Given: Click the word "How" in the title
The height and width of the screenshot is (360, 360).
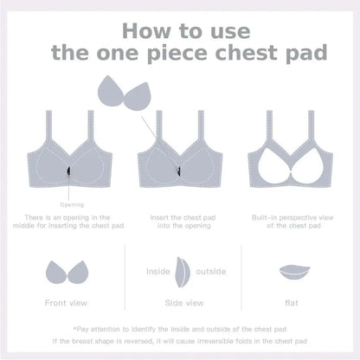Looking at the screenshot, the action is point(146,31).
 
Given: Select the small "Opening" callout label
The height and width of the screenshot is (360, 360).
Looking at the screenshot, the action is point(72,205).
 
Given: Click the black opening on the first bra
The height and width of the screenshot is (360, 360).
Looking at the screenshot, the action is point(69,171).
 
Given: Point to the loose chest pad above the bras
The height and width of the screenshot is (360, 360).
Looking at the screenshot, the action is point(125,93).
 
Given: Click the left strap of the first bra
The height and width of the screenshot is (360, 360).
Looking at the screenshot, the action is point(48,126).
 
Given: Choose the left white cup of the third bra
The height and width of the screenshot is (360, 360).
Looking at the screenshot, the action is point(273,166).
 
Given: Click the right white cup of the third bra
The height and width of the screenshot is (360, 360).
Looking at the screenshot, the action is point(307,166).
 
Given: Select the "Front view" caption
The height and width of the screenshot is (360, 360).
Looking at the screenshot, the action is point(66,303).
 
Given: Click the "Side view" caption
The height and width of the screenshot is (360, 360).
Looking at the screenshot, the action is point(184,303).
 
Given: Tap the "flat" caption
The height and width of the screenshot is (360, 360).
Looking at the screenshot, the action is point(292,303).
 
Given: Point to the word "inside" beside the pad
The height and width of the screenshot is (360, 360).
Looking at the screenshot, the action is point(158,272).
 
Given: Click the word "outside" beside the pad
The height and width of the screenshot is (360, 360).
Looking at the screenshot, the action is point(211,272).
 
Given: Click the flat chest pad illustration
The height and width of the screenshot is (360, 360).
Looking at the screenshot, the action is point(294,273).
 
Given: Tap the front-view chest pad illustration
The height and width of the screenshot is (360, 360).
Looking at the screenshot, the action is point(67,273).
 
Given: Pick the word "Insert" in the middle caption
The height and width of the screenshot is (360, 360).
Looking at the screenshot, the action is point(159,217).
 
